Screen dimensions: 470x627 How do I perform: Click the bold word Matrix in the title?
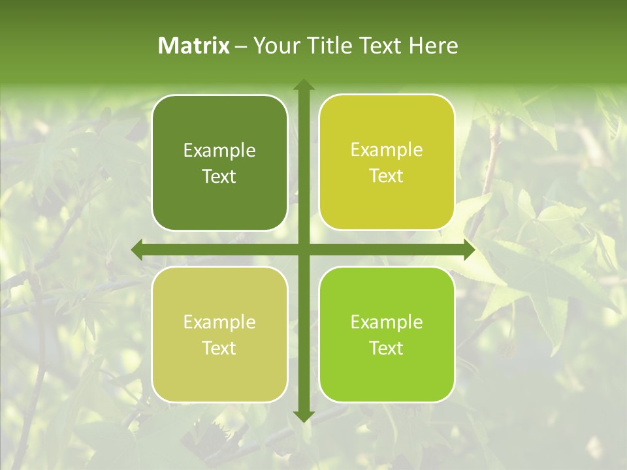click(194, 46)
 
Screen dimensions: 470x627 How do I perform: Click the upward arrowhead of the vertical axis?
click(303, 84)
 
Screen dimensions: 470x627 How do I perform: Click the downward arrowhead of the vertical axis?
click(303, 417)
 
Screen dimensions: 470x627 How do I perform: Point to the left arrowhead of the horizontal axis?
click(136, 249)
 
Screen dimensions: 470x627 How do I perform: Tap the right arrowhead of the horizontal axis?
click(470, 249)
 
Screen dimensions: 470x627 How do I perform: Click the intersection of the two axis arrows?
click(303, 249)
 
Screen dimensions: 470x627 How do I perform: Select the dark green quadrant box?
click(219, 163)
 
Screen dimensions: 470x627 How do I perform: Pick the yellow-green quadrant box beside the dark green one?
click(387, 163)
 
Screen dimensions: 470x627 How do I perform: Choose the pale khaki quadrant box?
click(219, 334)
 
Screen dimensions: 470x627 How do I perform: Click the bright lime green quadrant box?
click(387, 334)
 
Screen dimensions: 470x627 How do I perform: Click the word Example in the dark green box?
click(219, 151)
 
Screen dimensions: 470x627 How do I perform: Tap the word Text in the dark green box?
click(219, 176)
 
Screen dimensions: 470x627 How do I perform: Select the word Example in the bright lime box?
click(387, 322)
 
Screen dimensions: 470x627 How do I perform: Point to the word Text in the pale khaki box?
click(219, 348)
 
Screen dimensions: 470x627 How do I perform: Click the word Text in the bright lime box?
click(387, 348)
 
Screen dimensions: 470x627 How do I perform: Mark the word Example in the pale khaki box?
click(219, 322)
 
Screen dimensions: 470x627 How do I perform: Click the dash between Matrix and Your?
click(240, 46)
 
